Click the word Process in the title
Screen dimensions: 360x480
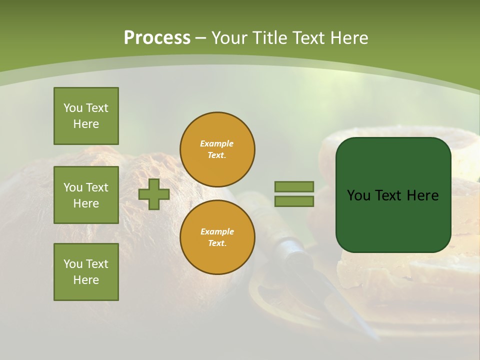coord(157,38)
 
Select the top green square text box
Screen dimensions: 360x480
coord(86,116)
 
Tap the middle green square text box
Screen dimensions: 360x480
coord(86,195)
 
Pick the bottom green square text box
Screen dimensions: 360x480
coord(86,272)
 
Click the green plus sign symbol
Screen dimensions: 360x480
coord(154,194)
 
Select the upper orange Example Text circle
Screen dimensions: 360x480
coord(217,149)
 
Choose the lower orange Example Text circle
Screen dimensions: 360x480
coord(217,237)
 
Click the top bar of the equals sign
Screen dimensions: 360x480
coord(294,187)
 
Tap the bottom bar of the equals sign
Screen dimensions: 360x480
coord(294,201)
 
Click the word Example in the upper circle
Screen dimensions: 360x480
coord(217,143)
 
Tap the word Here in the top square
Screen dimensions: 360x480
coord(86,124)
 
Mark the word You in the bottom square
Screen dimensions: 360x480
coord(73,264)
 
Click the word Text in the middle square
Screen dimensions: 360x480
coord(97,187)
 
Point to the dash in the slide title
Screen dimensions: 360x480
coord(200,38)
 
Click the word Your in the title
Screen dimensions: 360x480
coord(230,38)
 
